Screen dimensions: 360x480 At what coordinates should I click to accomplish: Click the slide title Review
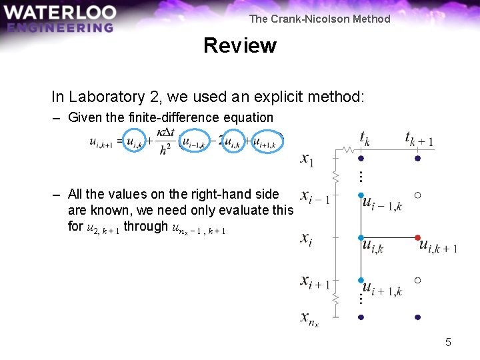(x=239, y=45)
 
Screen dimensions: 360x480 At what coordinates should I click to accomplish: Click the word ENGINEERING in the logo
(x=60, y=27)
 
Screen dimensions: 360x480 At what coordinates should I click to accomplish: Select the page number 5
(x=448, y=342)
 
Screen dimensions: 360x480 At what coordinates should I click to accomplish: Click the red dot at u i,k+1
(x=417, y=237)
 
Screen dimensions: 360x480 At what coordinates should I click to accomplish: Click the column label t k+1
(x=419, y=138)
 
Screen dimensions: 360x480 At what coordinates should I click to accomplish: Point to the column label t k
(x=365, y=138)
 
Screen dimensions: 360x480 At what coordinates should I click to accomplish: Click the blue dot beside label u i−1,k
(x=361, y=195)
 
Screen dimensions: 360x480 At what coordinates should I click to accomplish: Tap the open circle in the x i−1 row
(x=417, y=195)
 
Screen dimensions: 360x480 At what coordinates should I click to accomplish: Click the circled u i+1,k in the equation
(x=265, y=141)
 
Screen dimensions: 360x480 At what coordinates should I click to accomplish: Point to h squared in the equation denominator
(x=164, y=150)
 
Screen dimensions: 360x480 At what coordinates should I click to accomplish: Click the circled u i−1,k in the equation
(x=195, y=141)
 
